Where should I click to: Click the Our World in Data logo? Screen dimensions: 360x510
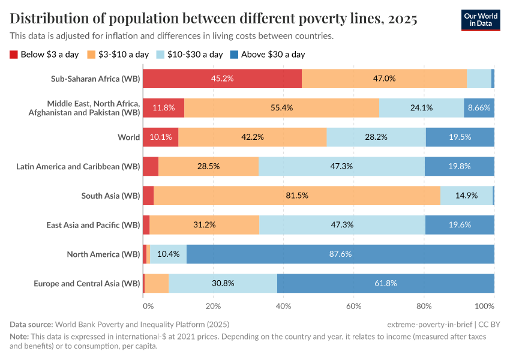(480, 19)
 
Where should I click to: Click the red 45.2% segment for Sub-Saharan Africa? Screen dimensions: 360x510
(222, 79)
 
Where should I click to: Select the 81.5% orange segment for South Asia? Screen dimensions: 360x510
(297, 196)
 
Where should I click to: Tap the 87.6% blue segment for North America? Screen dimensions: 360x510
(340, 254)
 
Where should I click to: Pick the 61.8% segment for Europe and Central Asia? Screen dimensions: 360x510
(385, 283)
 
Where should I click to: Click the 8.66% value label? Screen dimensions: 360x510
(479, 108)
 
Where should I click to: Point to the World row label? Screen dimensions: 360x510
(128, 137)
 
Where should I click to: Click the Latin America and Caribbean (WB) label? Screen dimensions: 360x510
(78, 166)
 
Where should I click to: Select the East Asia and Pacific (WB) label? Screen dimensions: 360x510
(93, 225)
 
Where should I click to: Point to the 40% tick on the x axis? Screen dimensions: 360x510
(283, 305)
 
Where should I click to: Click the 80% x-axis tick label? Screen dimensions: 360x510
(424, 305)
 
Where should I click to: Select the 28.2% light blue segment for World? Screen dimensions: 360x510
(376, 137)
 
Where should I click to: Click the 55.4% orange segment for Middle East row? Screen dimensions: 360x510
(281, 108)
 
